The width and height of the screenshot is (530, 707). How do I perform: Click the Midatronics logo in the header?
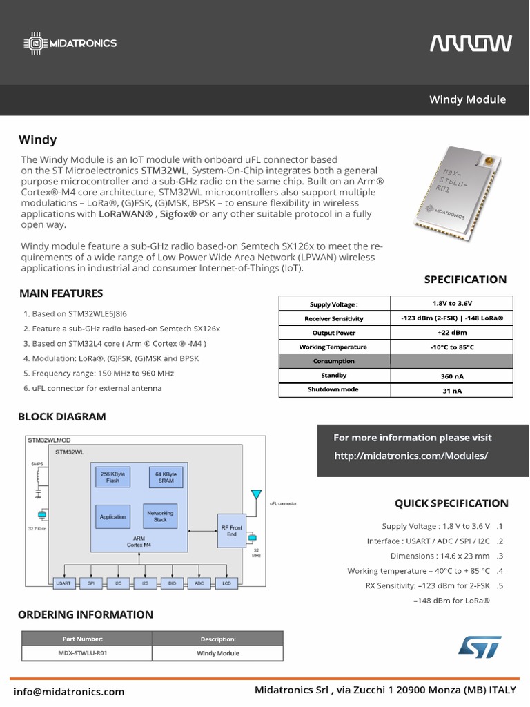click(x=72, y=43)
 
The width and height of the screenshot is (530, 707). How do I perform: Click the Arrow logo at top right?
click(x=471, y=43)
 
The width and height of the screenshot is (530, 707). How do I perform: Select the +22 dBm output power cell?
click(x=451, y=333)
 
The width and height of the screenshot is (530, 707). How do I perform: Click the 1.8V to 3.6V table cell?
click(x=451, y=304)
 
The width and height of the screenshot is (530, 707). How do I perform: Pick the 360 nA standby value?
click(x=451, y=376)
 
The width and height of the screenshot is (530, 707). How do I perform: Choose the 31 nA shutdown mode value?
click(x=451, y=391)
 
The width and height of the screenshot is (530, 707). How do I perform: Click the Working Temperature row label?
click(x=333, y=347)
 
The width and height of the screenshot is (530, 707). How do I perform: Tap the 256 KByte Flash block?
click(x=112, y=477)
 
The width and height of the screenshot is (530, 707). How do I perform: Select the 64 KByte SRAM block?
click(x=166, y=477)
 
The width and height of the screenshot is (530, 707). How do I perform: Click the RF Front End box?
click(x=232, y=530)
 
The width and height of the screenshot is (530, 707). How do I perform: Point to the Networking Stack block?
click(x=159, y=516)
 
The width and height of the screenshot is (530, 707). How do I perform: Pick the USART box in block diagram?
click(x=63, y=583)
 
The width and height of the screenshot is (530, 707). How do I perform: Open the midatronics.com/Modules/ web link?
click(x=411, y=456)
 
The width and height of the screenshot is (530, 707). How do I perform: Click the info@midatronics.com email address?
click(x=69, y=691)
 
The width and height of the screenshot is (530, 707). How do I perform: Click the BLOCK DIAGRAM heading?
click(x=62, y=416)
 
